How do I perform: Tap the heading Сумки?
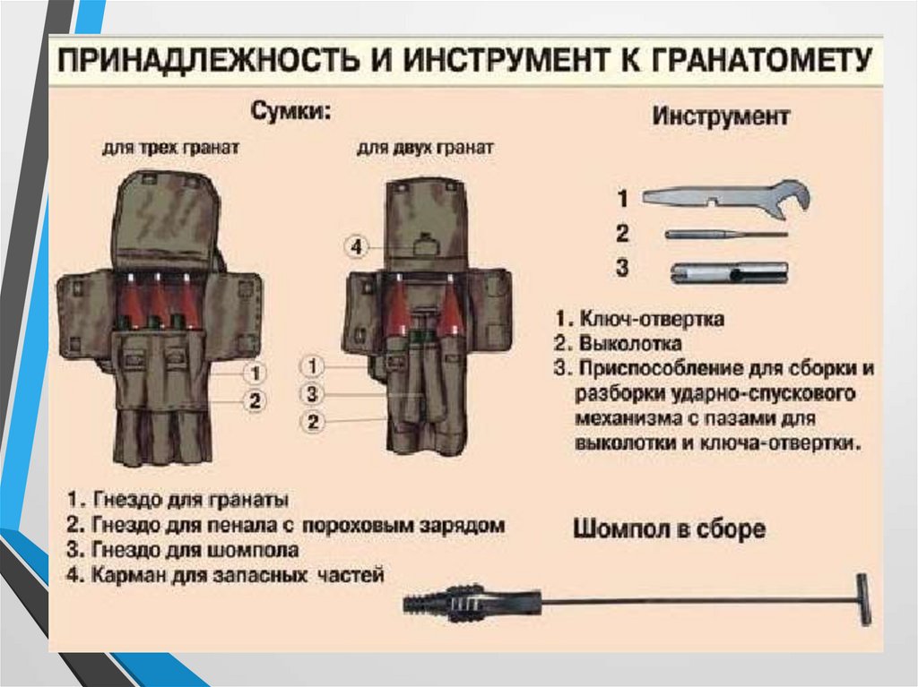(289, 112)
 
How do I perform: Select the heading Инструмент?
(721, 116)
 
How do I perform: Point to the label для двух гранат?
(425, 147)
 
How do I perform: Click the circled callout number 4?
(357, 246)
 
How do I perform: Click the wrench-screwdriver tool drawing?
(726, 197)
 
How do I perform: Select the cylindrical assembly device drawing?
(728, 271)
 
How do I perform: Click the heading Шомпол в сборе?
(669, 529)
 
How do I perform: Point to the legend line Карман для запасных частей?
(236, 575)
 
